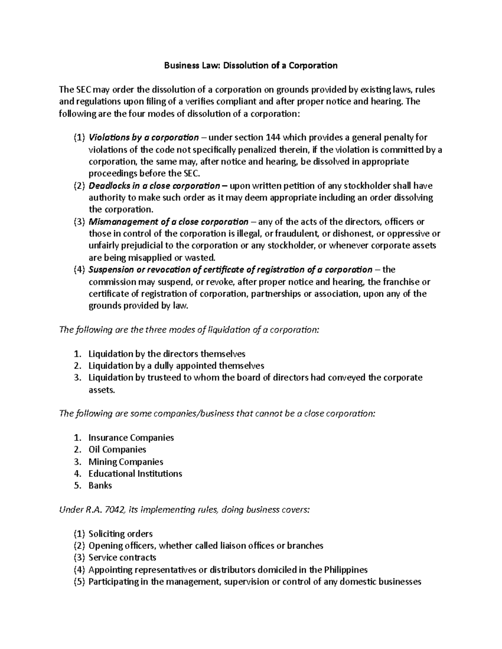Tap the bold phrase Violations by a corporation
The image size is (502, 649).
(144, 138)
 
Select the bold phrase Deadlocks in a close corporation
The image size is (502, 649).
(154, 186)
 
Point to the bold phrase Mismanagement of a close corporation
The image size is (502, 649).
(168, 222)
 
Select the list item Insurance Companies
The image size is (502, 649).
(131, 438)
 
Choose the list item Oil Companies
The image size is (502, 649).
(117, 450)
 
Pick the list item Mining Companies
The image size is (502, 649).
(125, 462)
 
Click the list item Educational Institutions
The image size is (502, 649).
(135, 474)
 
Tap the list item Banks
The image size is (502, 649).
(100, 486)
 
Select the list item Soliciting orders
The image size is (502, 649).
(120, 534)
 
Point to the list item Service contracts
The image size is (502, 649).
(122, 558)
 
